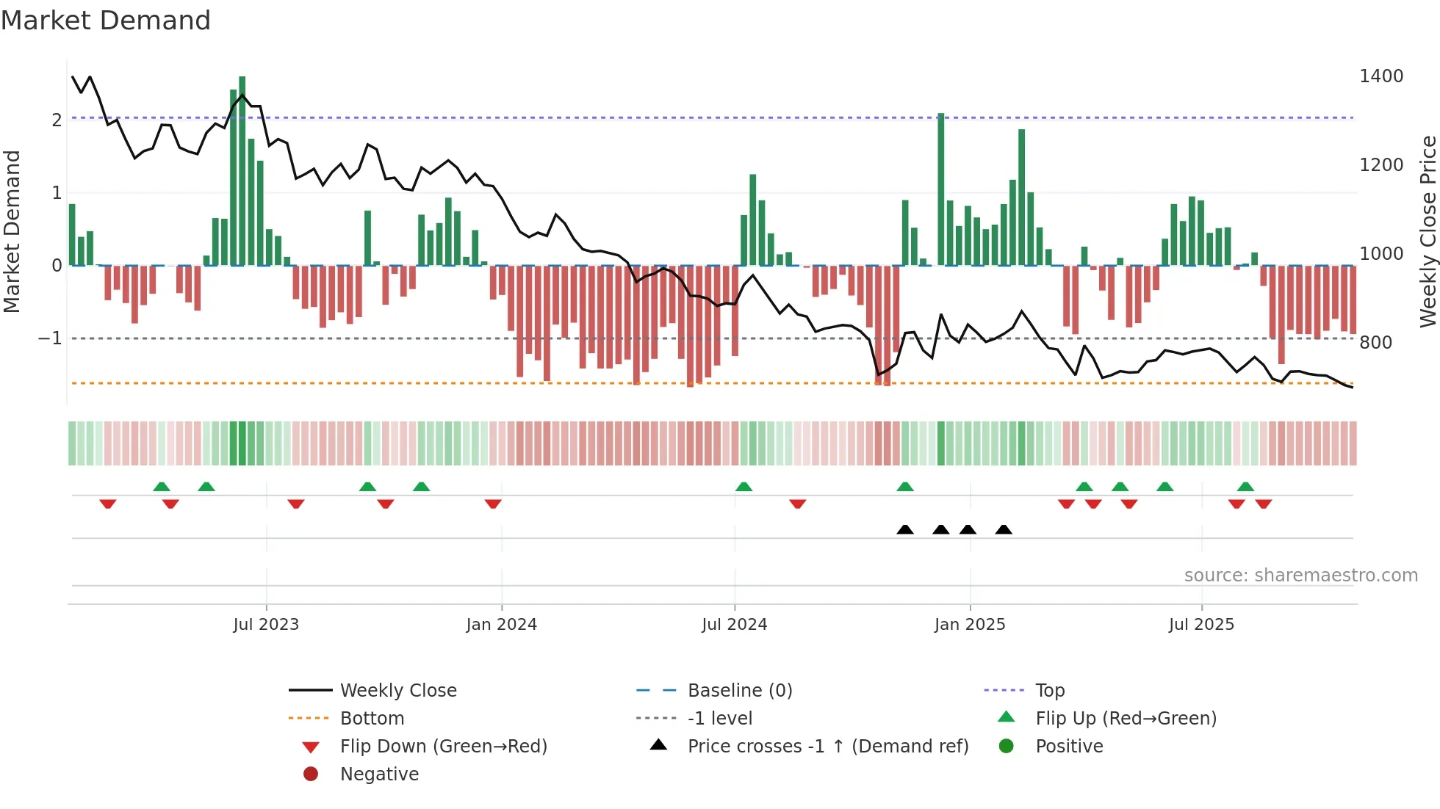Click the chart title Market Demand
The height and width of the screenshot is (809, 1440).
coord(106,20)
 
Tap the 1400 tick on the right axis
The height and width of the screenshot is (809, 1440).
coord(1380,76)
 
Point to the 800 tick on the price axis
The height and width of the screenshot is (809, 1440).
coord(1375,342)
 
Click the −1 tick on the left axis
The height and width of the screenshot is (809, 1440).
coord(50,338)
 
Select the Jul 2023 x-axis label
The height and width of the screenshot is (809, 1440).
coord(266,625)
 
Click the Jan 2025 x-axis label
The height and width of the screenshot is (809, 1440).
coord(969,625)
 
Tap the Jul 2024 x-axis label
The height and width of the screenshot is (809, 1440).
coord(734,625)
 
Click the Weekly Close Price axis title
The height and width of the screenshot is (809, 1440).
coord(1428,231)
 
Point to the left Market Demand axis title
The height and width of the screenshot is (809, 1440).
coord(12,231)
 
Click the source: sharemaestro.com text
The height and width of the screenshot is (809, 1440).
coord(1300,576)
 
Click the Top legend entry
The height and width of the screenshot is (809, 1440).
coord(1049,691)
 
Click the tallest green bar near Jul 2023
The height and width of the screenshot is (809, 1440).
coord(242,169)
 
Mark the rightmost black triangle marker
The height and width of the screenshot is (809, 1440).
coord(1004,529)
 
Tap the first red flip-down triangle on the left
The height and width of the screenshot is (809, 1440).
coord(108,504)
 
